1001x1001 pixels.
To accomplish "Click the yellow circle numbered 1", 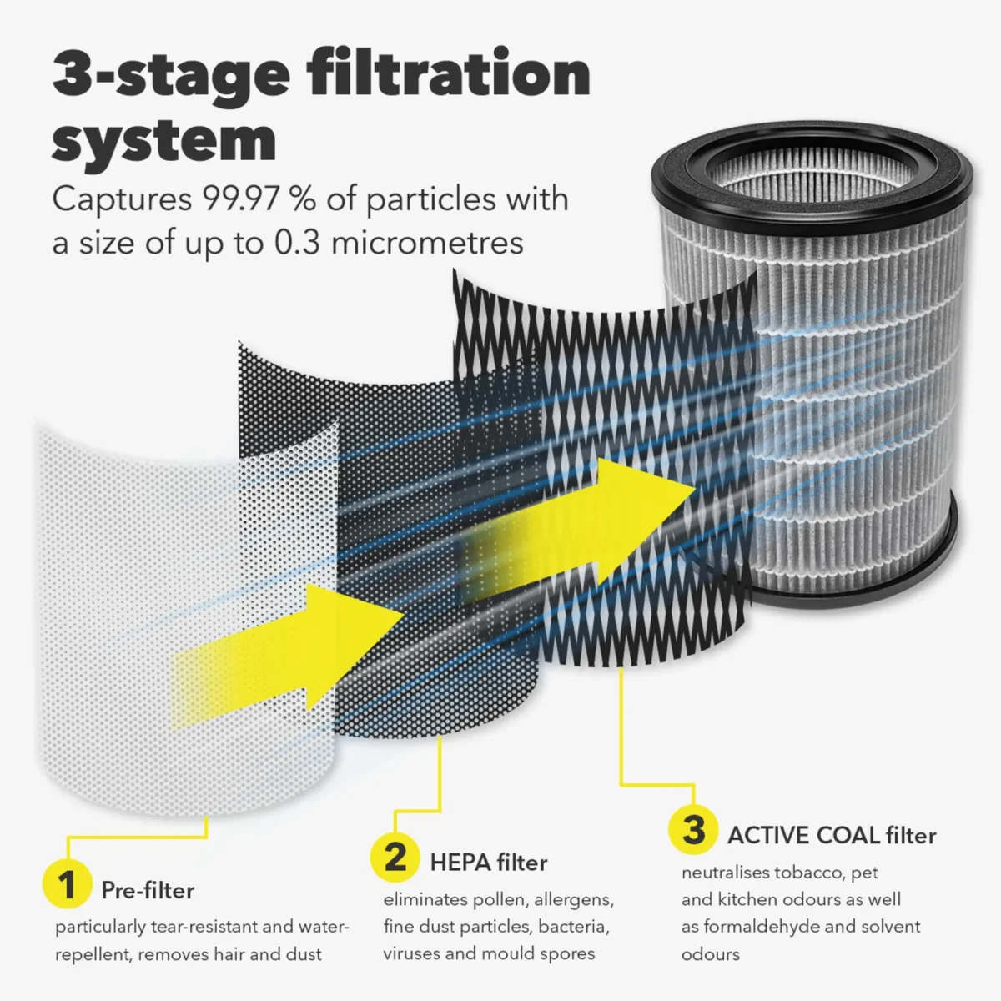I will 66,884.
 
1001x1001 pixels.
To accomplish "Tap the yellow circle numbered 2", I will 395,857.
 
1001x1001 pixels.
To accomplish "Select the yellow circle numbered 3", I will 693,830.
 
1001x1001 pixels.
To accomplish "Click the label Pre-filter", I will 148,890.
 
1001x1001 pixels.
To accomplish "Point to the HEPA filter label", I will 489,863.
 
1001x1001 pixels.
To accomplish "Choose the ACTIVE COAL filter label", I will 832,835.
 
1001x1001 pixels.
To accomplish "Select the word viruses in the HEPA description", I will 411,953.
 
